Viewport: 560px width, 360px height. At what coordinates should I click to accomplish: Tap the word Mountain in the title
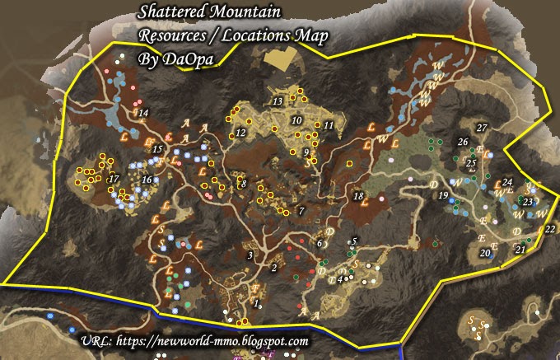tap(250, 12)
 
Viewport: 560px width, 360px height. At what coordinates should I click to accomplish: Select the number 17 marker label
tap(114, 179)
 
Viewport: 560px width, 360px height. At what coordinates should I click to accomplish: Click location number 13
tap(278, 101)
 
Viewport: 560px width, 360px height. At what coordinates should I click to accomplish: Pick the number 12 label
tap(241, 132)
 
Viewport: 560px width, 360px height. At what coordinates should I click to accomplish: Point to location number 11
tap(329, 125)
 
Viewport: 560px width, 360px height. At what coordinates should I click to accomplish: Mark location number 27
tap(483, 127)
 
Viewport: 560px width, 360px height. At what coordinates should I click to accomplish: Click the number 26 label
tap(463, 142)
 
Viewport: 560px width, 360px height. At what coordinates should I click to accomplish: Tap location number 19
tap(443, 195)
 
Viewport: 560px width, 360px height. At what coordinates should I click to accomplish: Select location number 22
tap(549, 229)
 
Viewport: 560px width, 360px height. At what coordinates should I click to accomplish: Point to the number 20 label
tap(484, 254)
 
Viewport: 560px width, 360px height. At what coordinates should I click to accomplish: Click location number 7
tap(301, 212)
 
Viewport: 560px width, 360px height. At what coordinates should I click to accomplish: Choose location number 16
tap(147, 180)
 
